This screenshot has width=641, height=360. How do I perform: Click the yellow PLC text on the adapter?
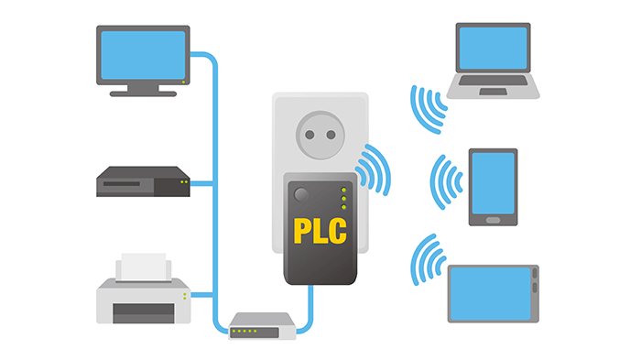coord(320,228)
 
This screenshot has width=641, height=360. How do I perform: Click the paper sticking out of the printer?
coord(144,267)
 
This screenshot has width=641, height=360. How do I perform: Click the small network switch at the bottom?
coord(263,325)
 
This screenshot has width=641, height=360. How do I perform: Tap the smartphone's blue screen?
coord(493,180)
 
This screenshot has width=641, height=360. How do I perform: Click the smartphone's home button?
coord(493,219)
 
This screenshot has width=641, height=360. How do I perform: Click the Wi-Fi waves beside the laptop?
coord(427,108)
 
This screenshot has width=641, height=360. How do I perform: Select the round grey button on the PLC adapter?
coord(300,194)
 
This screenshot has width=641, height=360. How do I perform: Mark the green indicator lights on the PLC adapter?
coord(343,200)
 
